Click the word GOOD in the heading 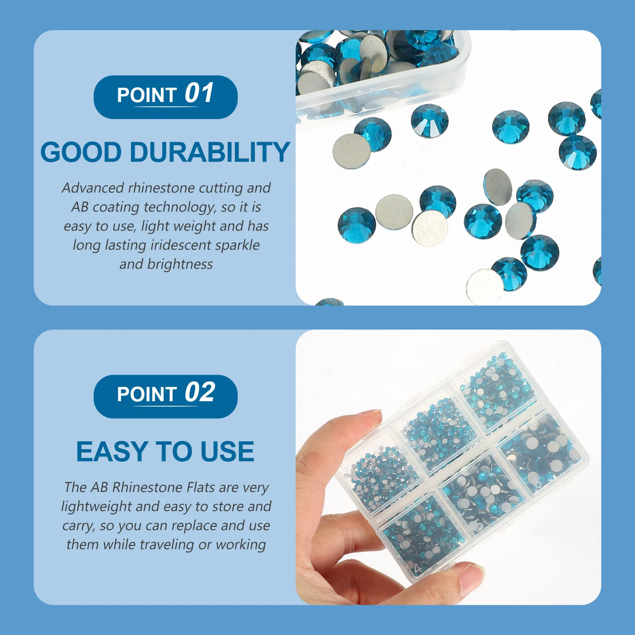[x=81, y=152]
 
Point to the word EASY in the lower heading [x=112, y=451]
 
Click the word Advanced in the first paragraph [x=92, y=188]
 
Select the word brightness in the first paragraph [x=180, y=264]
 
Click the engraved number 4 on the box [x=417, y=568]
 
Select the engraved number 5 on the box [x=479, y=527]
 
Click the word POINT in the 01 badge [x=147, y=95]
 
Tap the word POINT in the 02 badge [x=147, y=394]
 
